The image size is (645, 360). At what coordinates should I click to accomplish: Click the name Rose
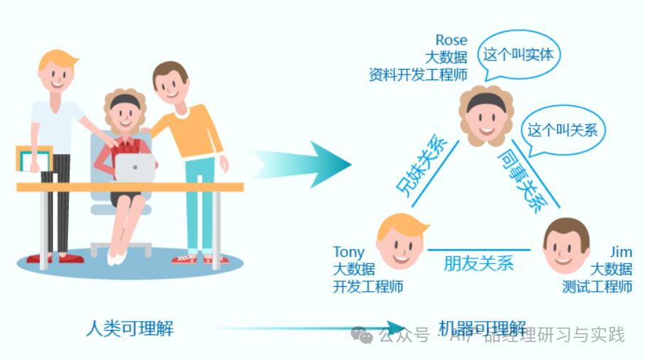point(451,40)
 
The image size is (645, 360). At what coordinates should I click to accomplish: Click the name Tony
point(348,252)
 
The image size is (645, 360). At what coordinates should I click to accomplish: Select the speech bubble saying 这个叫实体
point(518,54)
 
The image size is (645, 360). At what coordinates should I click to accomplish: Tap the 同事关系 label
point(524,180)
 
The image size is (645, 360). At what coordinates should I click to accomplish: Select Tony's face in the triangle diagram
point(402,241)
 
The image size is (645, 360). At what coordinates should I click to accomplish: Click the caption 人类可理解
point(129,329)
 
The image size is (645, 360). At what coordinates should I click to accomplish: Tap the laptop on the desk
point(135,168)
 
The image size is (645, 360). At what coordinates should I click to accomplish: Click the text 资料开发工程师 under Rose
point(418,75)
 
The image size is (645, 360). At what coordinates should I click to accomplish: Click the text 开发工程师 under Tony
point(368,287)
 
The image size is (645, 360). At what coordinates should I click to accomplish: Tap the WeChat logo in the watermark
point(363,334)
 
